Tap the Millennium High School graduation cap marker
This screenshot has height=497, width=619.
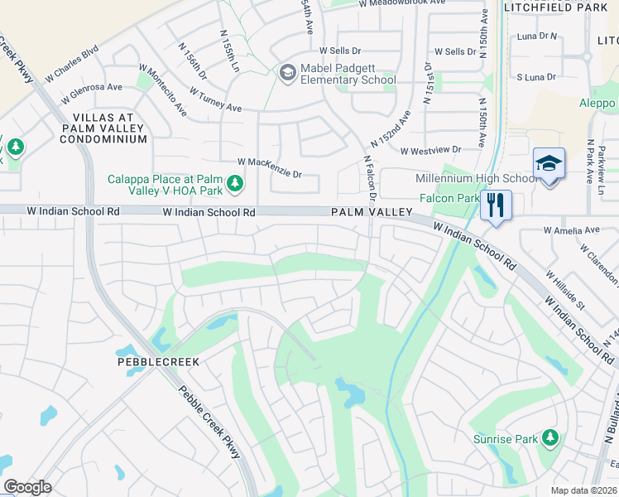[x=549, y=165]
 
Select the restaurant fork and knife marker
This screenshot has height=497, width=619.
[x=496, y=205]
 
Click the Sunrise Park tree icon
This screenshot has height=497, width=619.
[x=549, y=437]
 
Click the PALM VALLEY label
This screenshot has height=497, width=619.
[x=372, y=212]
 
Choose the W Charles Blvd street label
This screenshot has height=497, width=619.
[x=72, y=63]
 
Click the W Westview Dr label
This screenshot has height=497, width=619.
[x=430, y=150]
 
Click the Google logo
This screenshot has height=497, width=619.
[x=27, y=487]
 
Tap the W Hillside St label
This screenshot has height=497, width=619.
[x=564, y=288]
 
